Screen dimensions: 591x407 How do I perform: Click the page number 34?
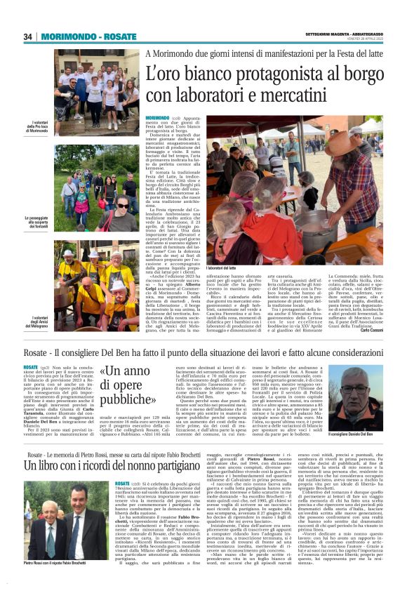pyautogui.click(x=28, y=36)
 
